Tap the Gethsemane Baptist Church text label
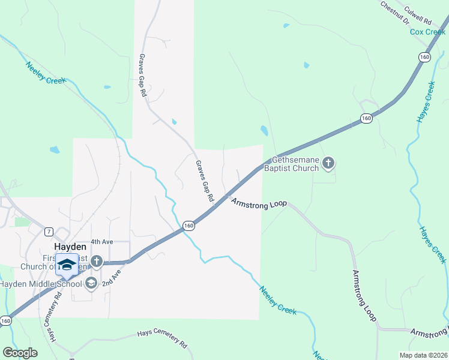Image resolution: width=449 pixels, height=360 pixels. tap(295, 164)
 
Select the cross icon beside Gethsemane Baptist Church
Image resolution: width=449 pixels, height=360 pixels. tap(328, 162)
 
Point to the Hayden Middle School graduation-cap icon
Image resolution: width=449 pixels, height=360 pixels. tap(91, 283)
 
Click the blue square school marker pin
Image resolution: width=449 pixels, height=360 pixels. tap(67, 265)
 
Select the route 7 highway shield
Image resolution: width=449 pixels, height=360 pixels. tap(48, 232)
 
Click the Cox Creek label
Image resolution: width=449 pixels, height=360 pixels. tap(427, 32)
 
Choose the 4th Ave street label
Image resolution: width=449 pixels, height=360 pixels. tap(101, 241)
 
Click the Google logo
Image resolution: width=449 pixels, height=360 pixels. tap(20, 352)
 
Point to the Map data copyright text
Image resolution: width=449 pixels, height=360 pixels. tap(424, 354)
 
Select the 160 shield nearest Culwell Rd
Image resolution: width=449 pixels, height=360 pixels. tap(425, 57)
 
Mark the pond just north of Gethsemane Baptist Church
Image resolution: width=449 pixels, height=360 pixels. tap(264, 130)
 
